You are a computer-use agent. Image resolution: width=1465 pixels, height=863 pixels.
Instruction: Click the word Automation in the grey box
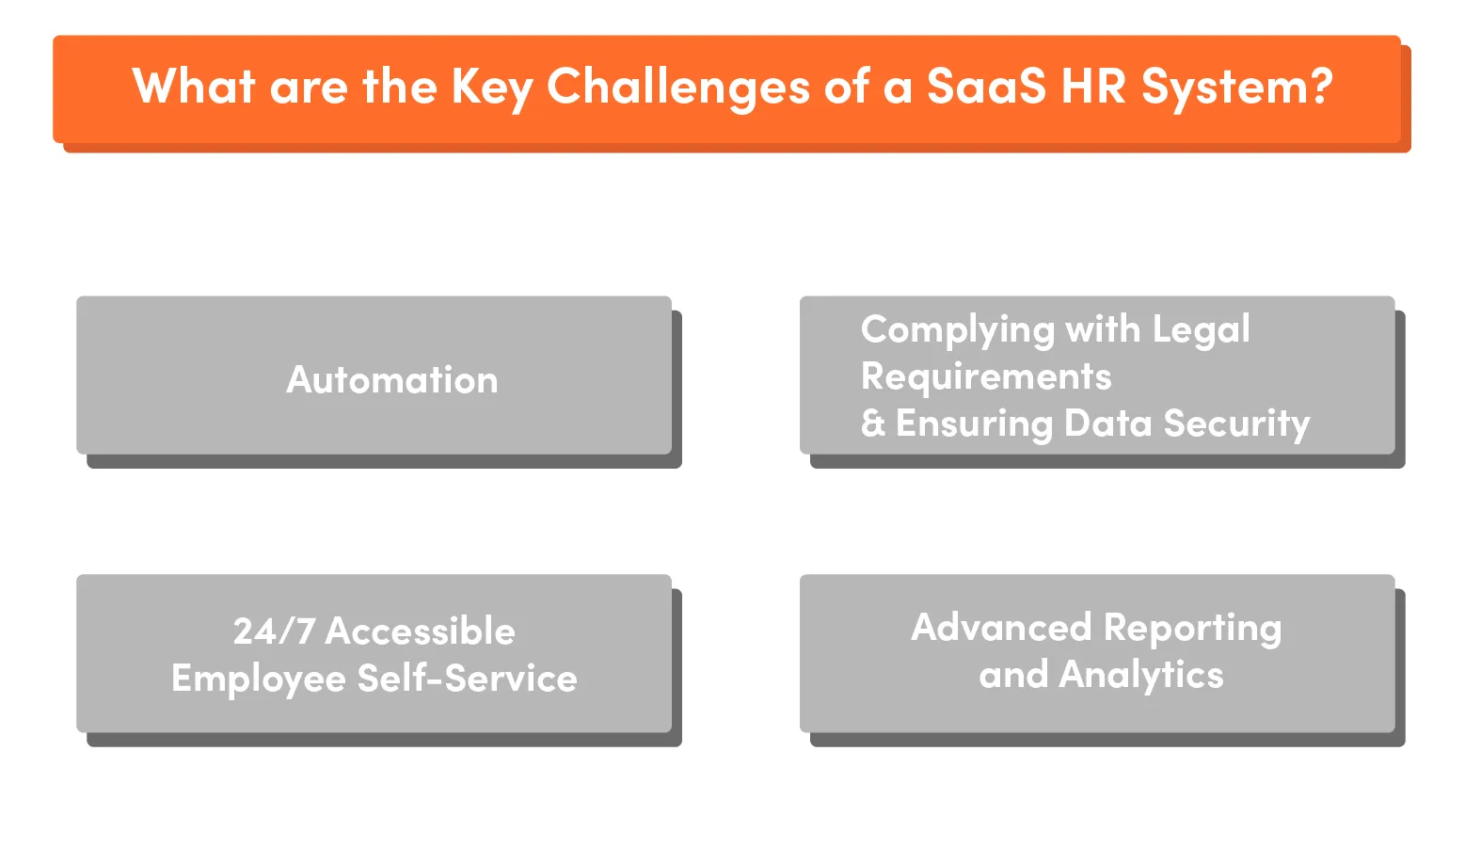click(392, 380)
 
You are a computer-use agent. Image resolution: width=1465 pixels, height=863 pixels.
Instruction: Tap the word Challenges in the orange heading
click(677, 88)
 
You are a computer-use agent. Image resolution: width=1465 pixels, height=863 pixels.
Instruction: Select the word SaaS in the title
click(985, 87)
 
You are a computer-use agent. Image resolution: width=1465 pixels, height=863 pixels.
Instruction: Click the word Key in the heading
click(491, 88)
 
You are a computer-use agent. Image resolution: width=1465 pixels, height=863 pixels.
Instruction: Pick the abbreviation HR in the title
click(1093, 87)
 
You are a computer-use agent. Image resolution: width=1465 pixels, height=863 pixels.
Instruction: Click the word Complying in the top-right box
click(957, 330)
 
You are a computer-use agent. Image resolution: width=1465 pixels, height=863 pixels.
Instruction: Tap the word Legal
click(1202, 330)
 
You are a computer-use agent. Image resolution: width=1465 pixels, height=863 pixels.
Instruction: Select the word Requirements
click(986, 376)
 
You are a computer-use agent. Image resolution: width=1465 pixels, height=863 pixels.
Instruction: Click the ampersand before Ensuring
click(873, 424)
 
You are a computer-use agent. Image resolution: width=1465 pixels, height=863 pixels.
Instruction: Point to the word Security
click(1236, 424)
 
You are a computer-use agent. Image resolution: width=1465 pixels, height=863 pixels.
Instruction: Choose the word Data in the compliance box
click(1107, 424)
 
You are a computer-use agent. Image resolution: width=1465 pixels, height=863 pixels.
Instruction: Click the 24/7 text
click(274, 631)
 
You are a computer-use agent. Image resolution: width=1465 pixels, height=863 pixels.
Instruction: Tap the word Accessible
click(421, 631)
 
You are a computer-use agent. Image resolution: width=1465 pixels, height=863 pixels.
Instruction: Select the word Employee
click(259, 679)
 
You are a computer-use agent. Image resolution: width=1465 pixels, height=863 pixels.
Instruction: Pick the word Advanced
click(1001, 628)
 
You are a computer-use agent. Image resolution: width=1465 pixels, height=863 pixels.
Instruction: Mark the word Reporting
click(1192, 629)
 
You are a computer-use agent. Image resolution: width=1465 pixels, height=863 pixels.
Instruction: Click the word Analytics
click(1141, 676)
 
